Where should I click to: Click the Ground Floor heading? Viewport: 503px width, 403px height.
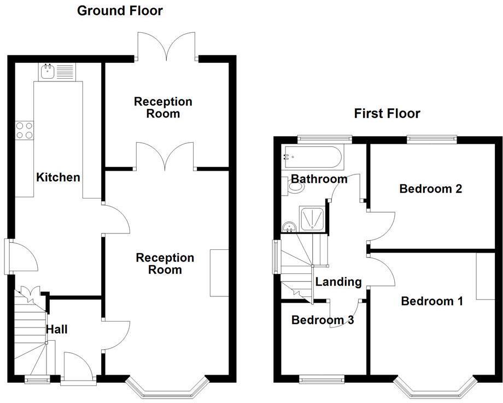(x=120, y=10)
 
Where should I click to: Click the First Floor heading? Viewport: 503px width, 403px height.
(x=387, y=113)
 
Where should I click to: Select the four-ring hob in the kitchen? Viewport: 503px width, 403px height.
(x=24, y=130)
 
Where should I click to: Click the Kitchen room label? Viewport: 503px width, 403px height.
(x=58, y=177)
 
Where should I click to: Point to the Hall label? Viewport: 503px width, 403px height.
(x=57, y=329)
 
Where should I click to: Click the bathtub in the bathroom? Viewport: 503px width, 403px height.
(x=312, y=157)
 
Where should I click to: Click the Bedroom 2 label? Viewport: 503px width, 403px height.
(x=431, y=189)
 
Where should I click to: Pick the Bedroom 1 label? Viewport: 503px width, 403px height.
(x=431, y=301)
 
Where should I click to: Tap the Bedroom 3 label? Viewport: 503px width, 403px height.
(x=322, y=320)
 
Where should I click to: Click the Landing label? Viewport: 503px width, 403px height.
(x=338, y=282)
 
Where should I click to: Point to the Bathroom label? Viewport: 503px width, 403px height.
(x=319, y=179)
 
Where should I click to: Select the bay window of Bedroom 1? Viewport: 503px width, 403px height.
(x=433, y=387)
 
